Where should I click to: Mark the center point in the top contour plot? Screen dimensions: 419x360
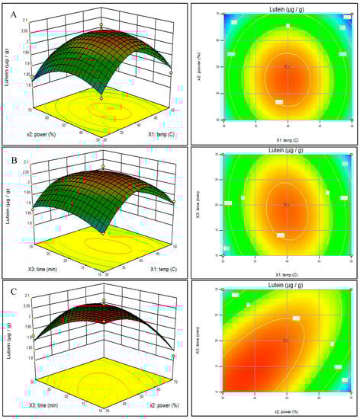(x=287, y=67)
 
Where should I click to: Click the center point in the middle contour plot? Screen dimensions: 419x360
(x=287, y=205)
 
